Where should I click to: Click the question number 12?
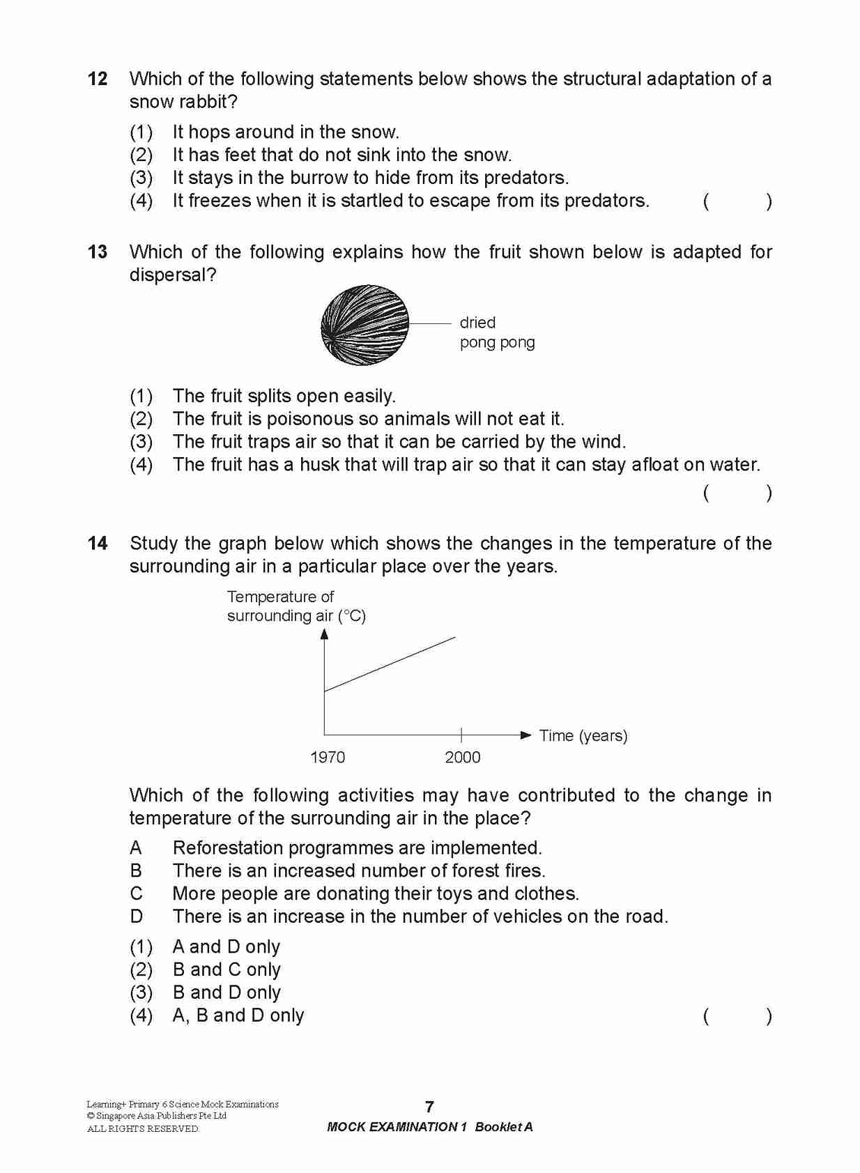(x=98, y=79)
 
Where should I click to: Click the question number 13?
(x=98, y=252)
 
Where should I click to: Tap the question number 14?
(x=98, y=543)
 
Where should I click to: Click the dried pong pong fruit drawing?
(x=364, y=325)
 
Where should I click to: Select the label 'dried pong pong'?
(x=497, y=332)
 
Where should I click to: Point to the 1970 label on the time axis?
(x=328, y=757)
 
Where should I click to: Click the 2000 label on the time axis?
(x=463, y=757)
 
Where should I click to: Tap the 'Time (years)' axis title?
(x=583, y=735)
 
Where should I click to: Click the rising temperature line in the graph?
(x=390, y=664)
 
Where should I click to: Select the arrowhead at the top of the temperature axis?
(x=324, y=634)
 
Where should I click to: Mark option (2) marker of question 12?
(x=141, y=155)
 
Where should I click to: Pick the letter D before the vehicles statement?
(x=137, y=916)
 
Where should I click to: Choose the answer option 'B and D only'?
(x=226, y=992)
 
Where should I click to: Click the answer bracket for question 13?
(x=737, y=493)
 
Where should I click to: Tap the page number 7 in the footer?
(x=429, y=1106)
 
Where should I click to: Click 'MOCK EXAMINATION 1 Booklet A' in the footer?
(x=429, y=1127)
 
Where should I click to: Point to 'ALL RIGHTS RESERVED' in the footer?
(x=143, y=1128)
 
